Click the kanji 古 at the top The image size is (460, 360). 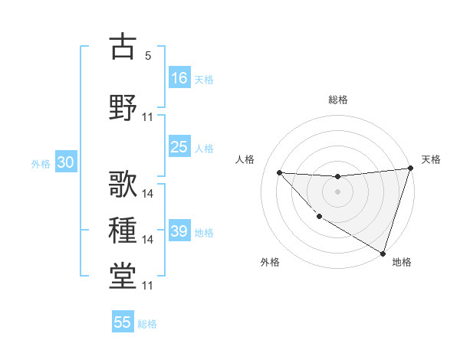pos(123,46)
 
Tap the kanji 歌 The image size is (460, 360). pos(123,184)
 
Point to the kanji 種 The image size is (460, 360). pos(123,230)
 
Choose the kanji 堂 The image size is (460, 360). pos(123,276)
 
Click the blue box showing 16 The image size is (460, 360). pos(179,77)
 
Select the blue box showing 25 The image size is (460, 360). pos(179,147)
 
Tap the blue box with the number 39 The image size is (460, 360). pos(179,231)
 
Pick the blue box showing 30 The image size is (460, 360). pos(64,162)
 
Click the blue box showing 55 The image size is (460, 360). pos(123,322)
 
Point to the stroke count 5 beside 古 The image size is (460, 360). pos(148,56)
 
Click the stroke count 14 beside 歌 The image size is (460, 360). pos(148,194)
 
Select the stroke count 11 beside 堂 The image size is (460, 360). pos(148,286)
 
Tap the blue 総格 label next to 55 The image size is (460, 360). pos(147,324)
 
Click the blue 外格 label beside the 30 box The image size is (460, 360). pos(40,164)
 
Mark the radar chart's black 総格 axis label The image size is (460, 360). pos(338,100)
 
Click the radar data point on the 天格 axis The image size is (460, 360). pos(411,169)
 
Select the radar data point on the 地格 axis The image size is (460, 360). pos(383,253)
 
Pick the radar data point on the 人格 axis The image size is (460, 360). pos(279,172)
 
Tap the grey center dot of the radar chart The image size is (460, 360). pos(337,191)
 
